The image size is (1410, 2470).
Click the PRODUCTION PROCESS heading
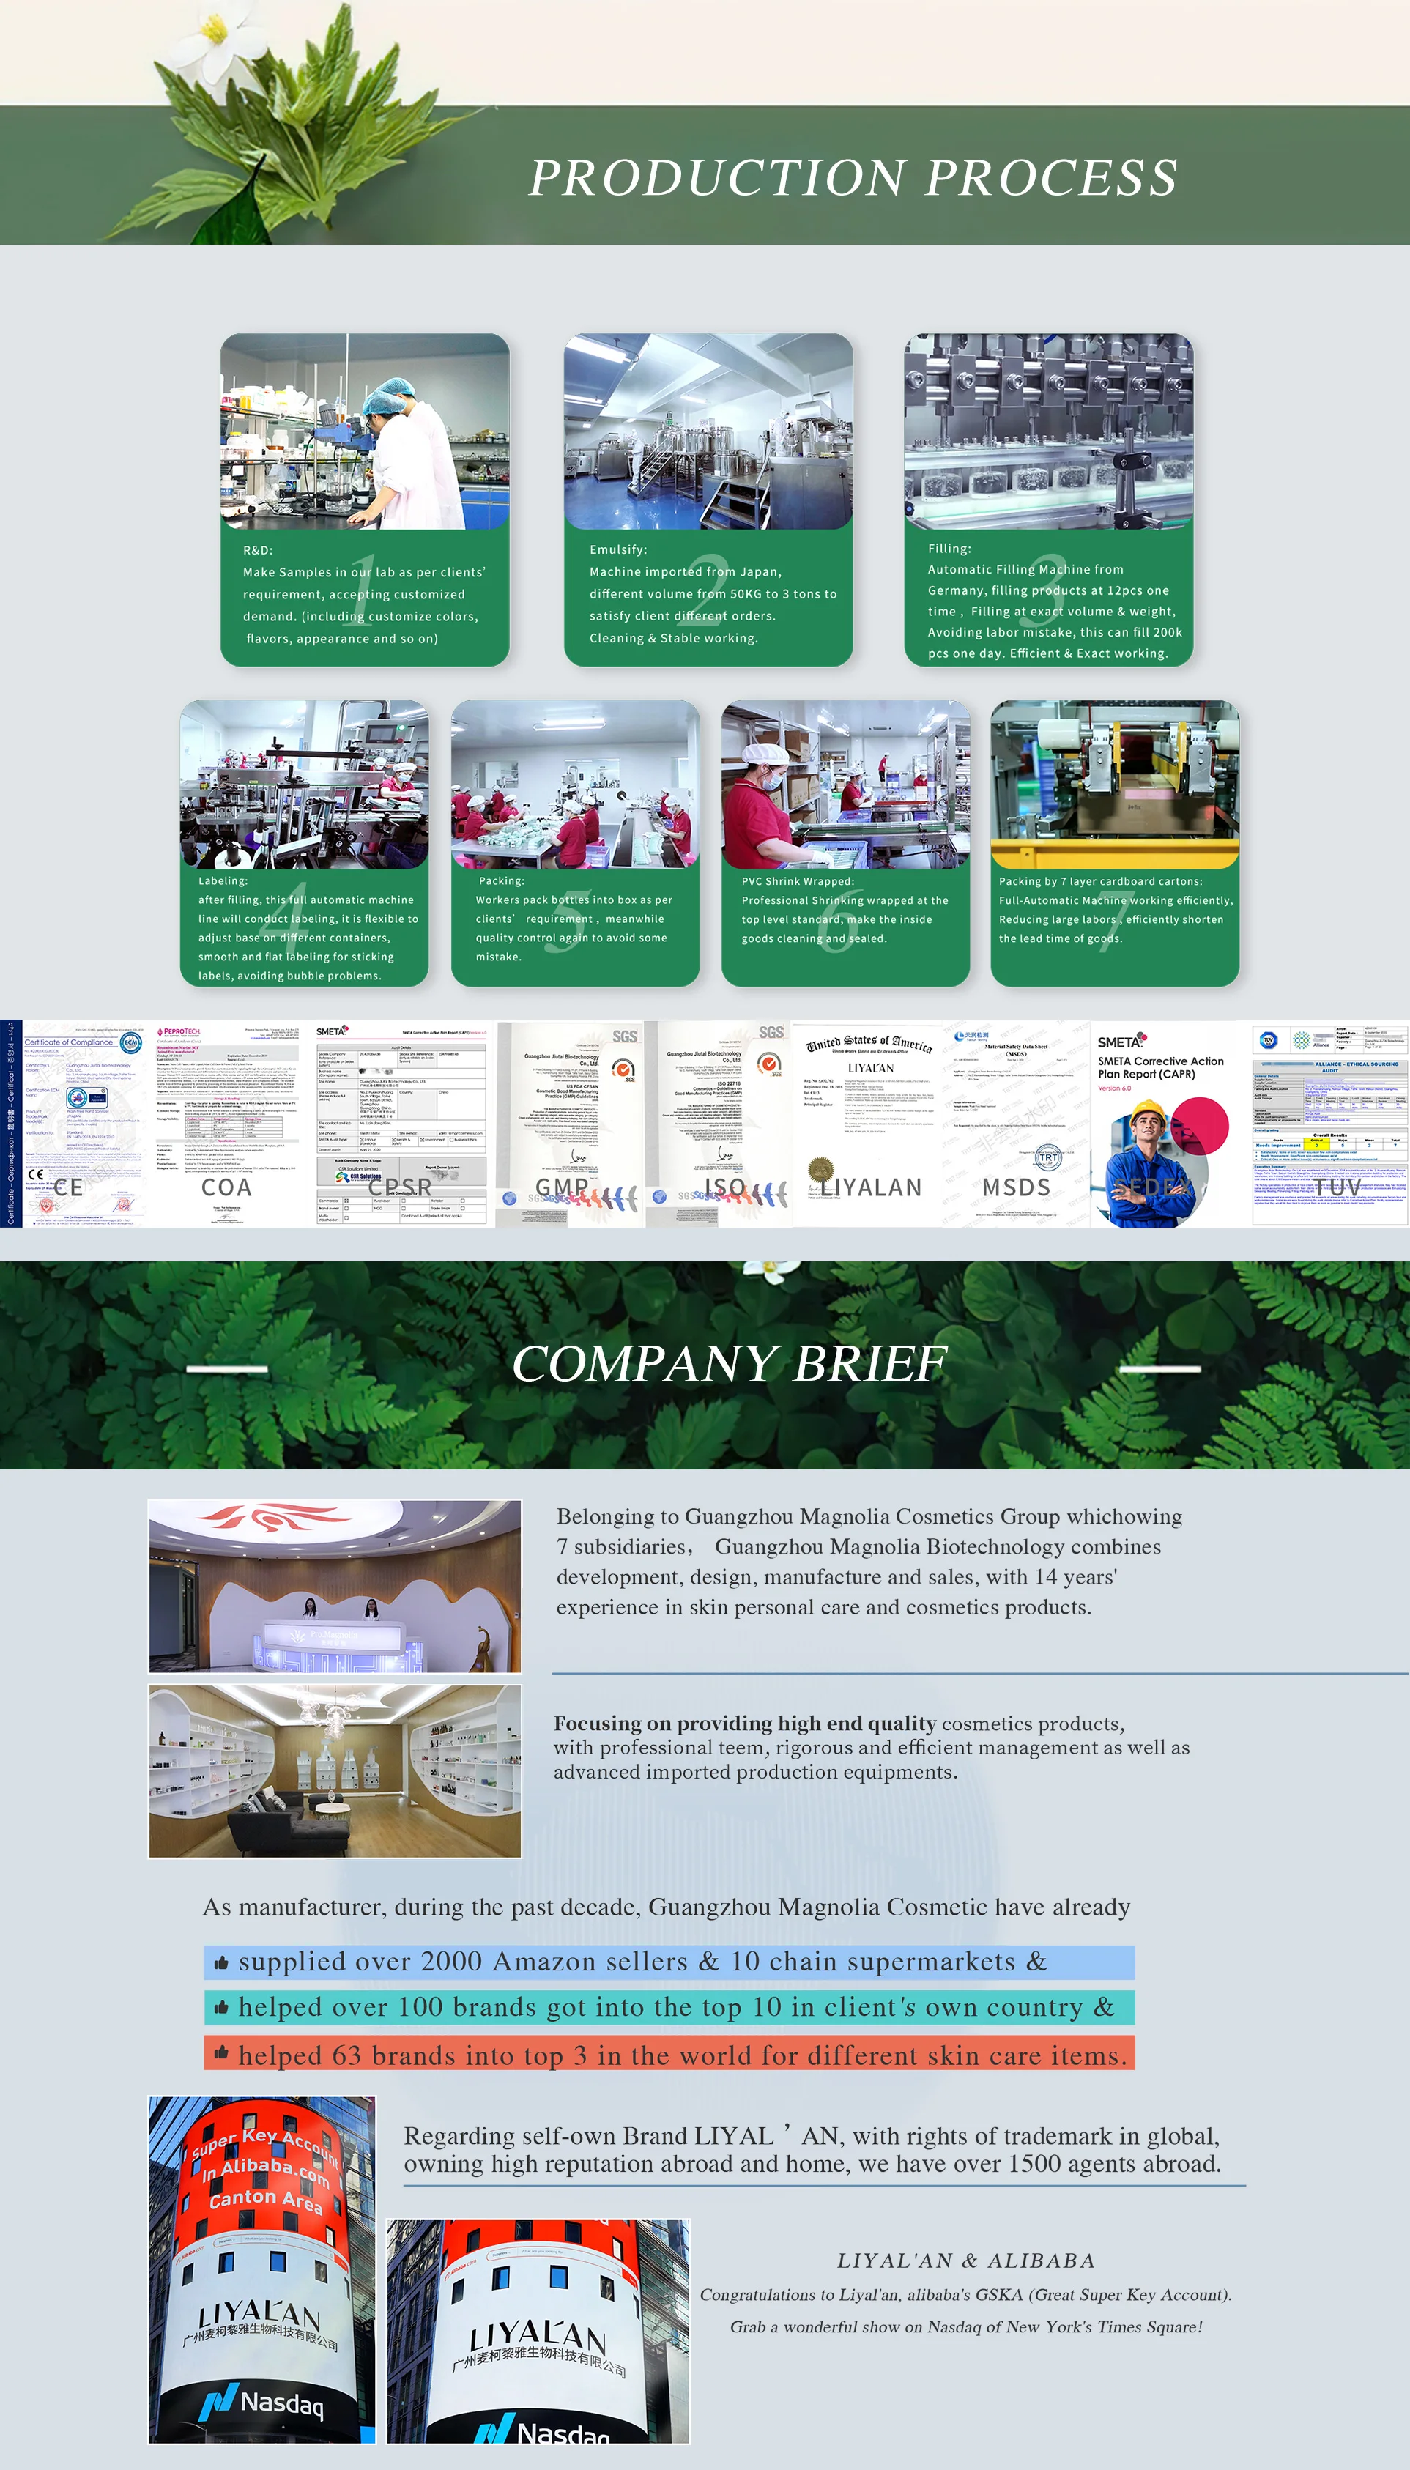coord(852,177)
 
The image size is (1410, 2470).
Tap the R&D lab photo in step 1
coord(364,432)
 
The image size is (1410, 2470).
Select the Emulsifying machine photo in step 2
coord(708,432)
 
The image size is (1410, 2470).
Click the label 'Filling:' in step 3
coord(949,548)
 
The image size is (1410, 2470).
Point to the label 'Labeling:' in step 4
coord(223,881)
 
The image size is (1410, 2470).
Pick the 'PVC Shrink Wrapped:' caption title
coord(797,881)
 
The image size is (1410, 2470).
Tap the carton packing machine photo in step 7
coord(1115,785)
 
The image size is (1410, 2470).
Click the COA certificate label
coord(226,1187)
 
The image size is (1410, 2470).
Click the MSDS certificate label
coord(1016,1187)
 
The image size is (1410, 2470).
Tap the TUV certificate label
coord(1337,1187)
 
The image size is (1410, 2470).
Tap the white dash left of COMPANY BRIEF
coord(226,1368)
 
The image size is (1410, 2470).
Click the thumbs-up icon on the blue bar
coord(220,1962)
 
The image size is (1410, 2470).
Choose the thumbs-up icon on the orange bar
coord(220,2052)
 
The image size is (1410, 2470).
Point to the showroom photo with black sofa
coord(334,1771)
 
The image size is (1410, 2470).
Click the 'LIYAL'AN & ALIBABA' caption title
coord(965,2260)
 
